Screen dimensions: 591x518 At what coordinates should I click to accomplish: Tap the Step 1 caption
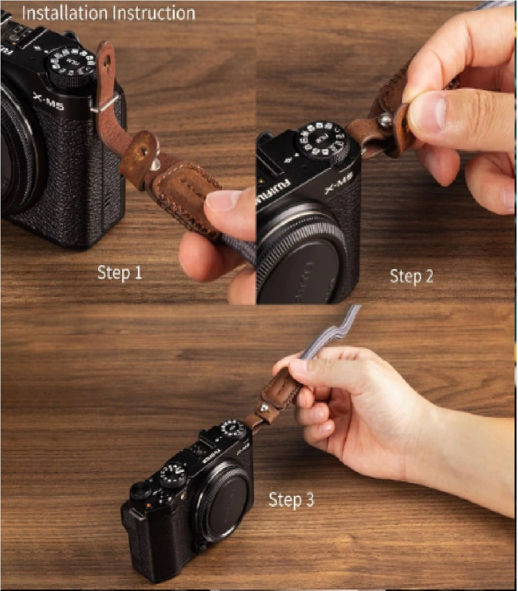tap(120, 273)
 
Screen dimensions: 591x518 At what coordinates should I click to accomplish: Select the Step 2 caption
tap(411, 276)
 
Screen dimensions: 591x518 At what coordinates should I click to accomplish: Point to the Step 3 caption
tap(291, 500)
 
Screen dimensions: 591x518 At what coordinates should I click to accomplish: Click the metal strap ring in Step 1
tap(104, 104)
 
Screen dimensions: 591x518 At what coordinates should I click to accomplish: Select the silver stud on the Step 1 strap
tap(155, 165)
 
